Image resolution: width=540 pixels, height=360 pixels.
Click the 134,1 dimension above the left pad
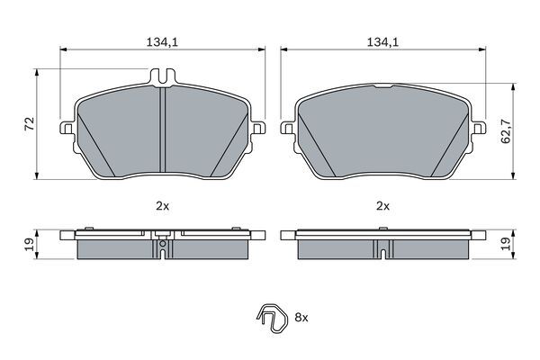(x=162, y=40)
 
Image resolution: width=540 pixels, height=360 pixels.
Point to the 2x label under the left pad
(x=162, y=206)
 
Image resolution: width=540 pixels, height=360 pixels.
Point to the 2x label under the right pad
(x=382, y=206)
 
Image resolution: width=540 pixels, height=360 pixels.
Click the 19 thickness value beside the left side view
(x=27, y=243)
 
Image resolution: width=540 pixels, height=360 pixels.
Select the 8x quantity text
(x=301, y=318)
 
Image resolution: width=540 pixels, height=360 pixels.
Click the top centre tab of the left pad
(x=162, y=80)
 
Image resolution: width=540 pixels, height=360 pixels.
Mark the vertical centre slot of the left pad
(x=162, y=135)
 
